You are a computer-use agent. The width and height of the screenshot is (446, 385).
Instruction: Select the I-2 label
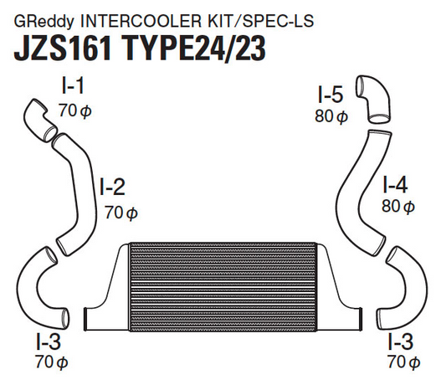[114, 185]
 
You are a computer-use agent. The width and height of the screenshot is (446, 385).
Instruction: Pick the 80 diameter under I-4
[397, 207]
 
